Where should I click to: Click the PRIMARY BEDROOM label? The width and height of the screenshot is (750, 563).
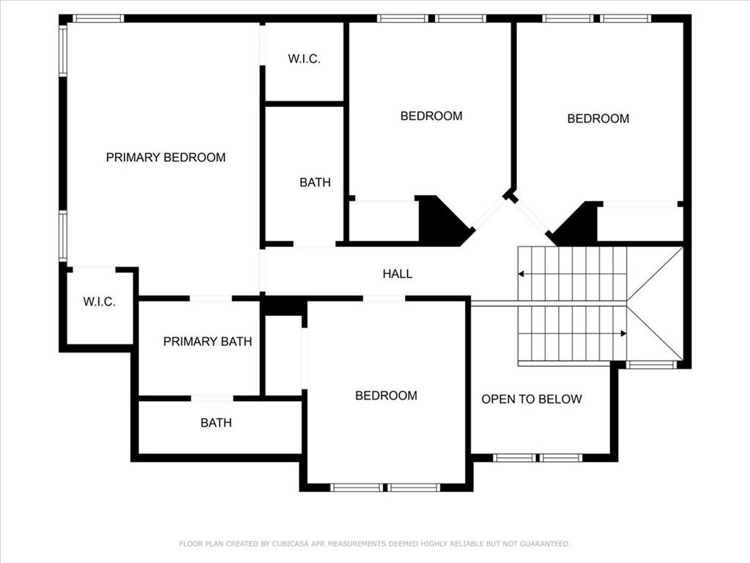(166, 158)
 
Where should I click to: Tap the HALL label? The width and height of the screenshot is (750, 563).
(398, 274)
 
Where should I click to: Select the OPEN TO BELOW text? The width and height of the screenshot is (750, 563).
(532, 400)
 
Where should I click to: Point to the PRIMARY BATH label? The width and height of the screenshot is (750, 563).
(207, 342)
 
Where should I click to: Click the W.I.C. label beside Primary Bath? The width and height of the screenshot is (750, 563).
(99, 301)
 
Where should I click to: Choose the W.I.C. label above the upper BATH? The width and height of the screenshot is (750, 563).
(304, 59)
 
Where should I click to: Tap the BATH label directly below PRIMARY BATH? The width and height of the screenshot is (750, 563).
(216, 423)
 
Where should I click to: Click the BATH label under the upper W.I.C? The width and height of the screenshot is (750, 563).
(315, 183)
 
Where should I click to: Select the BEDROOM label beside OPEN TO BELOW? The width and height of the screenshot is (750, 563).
(386, 395)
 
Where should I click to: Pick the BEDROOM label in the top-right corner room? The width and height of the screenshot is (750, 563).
(598, 119)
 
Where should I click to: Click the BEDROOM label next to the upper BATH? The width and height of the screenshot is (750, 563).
(431, 116)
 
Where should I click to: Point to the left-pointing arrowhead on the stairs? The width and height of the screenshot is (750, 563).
(521, 274)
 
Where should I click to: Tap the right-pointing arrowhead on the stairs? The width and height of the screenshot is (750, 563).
(623, 334)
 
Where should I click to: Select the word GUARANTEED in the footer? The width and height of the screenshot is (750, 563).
(545, 544)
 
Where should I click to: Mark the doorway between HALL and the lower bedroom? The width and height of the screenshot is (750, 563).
(384, 299)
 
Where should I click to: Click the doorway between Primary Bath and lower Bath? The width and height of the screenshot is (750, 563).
(212, 398)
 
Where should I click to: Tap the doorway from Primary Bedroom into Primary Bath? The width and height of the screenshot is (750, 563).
(211, 298)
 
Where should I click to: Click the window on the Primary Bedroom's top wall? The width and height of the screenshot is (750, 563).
(98, 18)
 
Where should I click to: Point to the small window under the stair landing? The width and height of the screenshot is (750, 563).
(651, 365)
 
